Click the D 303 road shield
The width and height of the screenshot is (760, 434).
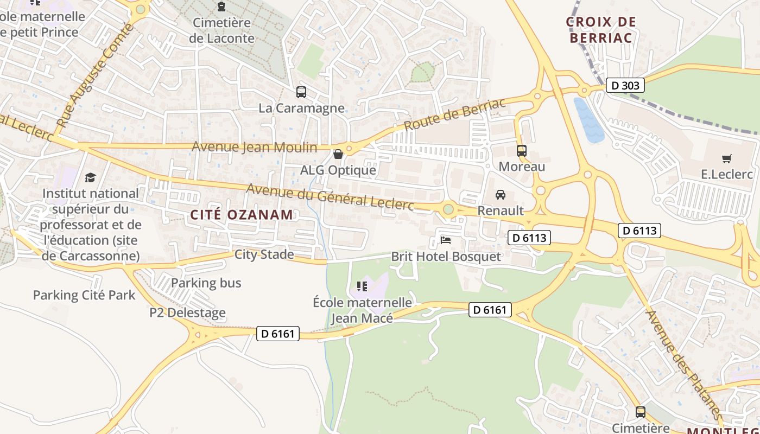(x=625, y=85)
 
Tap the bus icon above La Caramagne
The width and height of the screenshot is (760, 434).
(x=301, y=92)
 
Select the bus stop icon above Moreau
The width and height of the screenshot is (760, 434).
(x=522, y=151)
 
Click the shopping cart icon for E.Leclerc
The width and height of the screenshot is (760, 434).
(x=727, y=158)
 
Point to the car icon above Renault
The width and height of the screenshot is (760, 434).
(x=501, y=194)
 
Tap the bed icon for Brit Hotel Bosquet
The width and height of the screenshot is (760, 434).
(x=446, y=240)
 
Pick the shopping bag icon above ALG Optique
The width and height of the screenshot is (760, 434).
(x=338, y=155)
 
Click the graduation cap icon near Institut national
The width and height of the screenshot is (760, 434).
(x=90, y=177)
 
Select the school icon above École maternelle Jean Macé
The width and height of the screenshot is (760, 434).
(x=362, y=286)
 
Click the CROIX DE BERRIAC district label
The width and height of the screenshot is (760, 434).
(x=601, y=30)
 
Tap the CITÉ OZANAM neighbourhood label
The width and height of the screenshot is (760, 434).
(x=242, y=214)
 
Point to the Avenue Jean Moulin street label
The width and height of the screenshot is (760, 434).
(x=254, y=147)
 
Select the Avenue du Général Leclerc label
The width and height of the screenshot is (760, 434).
(x=330, y=197)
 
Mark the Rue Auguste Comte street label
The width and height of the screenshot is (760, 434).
(x=94, y=76)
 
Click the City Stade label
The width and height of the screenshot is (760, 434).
(x=264, y=254)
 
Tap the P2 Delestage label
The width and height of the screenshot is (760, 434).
(x=187, y=312)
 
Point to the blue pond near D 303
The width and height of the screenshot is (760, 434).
(x=588, y=120)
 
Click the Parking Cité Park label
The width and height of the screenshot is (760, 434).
(x=84, y=295)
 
